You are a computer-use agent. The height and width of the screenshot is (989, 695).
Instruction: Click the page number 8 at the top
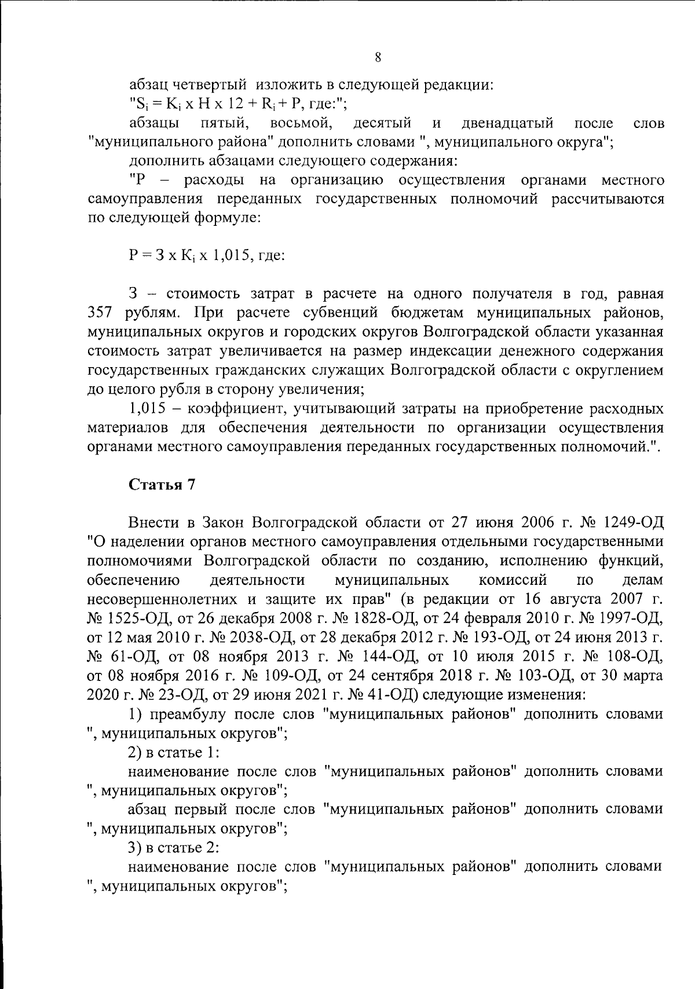tap(378, 57)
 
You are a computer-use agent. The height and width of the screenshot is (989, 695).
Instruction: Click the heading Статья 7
tap(162, 485)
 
